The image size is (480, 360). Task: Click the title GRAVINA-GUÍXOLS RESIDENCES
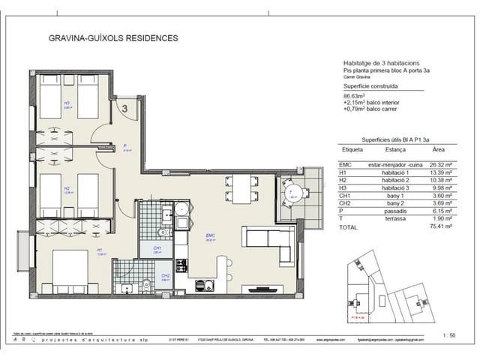point(113,37)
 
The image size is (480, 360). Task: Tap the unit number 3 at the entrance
point(125,108)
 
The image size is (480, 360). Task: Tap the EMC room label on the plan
point(211,235)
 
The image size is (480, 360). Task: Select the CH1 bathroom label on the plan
point(157,249)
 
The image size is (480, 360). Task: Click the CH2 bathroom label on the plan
point(165,276)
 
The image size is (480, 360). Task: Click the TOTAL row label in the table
point(349,226)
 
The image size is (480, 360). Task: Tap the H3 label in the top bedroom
point(67,103)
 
